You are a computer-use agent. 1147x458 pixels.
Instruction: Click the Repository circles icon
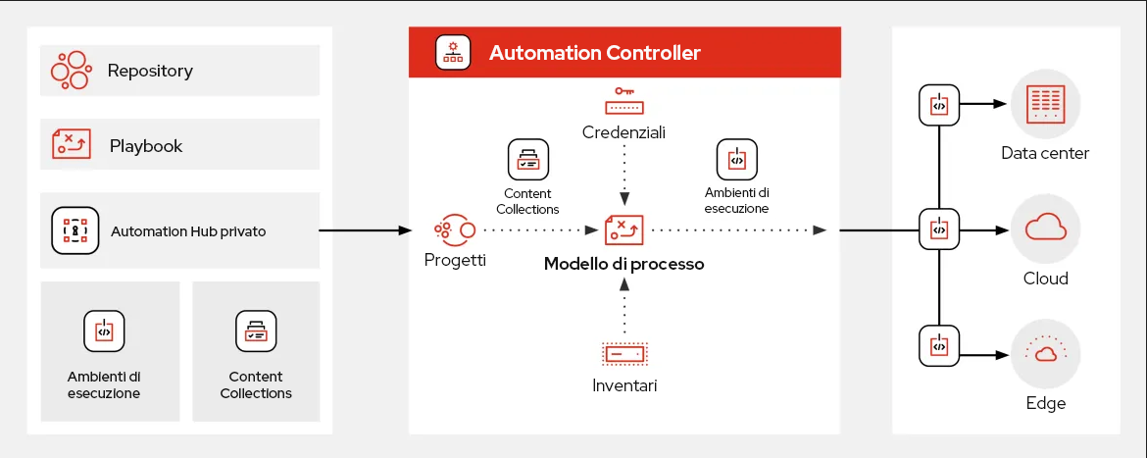72,71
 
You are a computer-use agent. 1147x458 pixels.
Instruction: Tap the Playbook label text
146,146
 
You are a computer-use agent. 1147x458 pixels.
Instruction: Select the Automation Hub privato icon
75,230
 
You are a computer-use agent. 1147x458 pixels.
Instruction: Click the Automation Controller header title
594,53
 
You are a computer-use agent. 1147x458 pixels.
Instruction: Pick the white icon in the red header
452,52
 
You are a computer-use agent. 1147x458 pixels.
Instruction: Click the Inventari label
624,385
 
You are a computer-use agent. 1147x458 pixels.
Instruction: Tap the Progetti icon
455,230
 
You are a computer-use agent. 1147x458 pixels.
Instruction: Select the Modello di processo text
623,264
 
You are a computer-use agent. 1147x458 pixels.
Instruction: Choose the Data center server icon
1045,104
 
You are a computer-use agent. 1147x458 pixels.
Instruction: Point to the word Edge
1045,403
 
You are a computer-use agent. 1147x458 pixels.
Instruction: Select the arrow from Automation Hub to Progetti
365,230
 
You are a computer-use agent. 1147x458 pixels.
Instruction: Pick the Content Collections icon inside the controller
527,160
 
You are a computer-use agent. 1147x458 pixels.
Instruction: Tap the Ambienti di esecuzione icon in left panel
104,332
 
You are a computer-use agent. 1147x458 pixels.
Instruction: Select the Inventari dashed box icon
623,351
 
